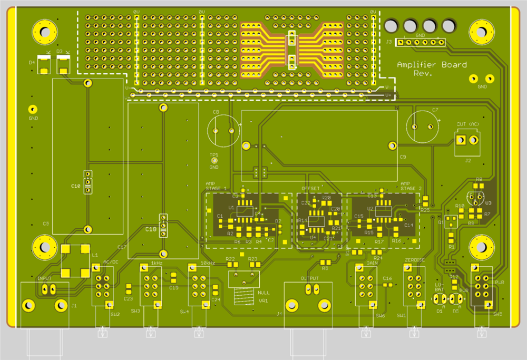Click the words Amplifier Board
coord(431,65)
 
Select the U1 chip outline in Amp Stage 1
coord(245,210)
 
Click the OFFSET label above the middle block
coord(310,188)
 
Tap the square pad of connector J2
coord(461,140)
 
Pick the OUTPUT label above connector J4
coord(310,278)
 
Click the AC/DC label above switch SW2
coord(111,262)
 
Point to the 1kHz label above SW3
coord(156,262)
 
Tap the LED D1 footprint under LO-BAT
coord(439,299)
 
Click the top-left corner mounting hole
coord(44,32)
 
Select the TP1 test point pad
coord(214,161)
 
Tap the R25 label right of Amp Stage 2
coord(425,210)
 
